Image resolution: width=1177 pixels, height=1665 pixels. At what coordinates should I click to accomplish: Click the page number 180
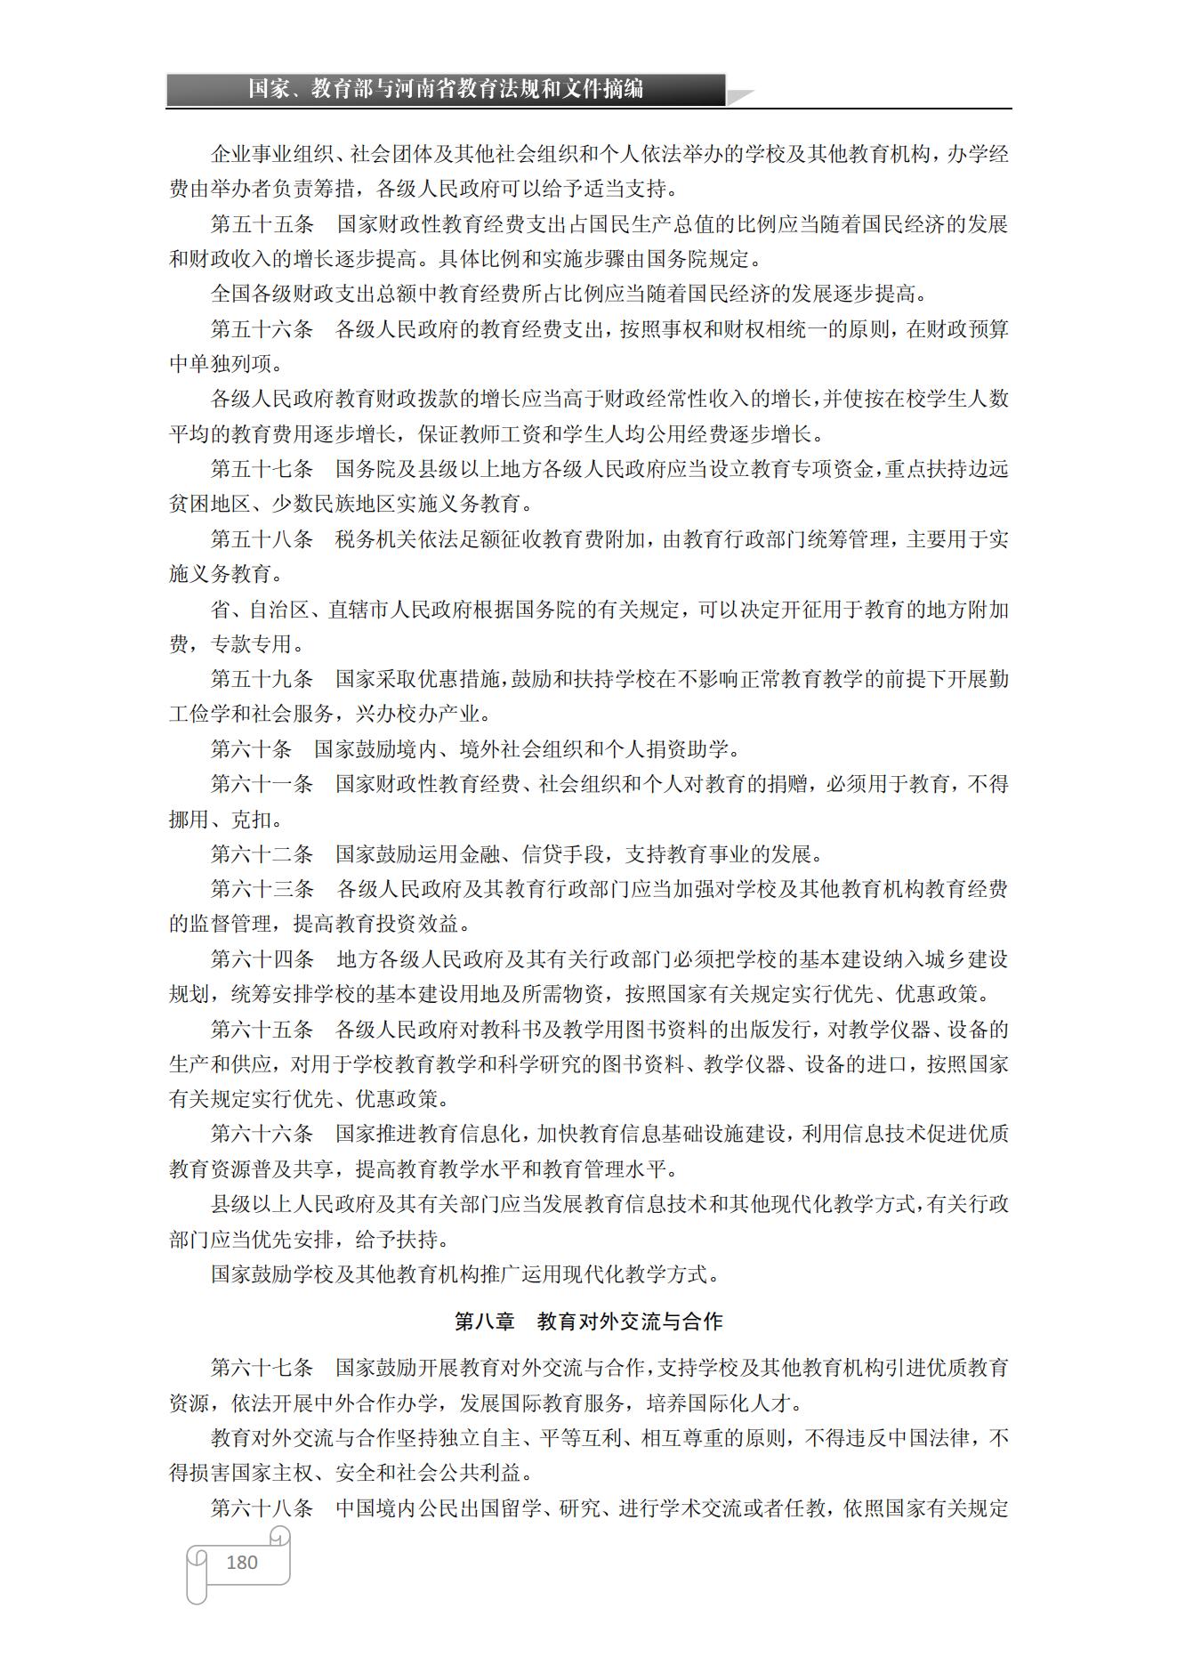click(x=242, y=1562)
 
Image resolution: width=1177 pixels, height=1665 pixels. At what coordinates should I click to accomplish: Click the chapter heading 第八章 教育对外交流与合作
click(x=588, y=1321)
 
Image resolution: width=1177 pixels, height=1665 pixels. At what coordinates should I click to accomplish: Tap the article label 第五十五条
click(x=262, y=224)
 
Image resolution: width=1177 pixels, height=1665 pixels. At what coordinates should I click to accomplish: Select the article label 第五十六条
click(x=262, y=329)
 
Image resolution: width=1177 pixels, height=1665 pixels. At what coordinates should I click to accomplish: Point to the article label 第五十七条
click(x=262, y=469)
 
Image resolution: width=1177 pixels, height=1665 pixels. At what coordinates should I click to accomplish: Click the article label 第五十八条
click(x=262, y=539)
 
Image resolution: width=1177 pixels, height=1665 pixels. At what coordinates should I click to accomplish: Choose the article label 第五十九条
click(x=262, y=679)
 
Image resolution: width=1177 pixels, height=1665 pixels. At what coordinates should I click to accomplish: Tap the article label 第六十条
click(x=252, y=749)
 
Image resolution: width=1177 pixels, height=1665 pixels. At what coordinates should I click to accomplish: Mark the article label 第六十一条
click(x=262, y=784)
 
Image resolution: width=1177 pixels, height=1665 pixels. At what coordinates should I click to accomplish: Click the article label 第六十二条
click(x=262, y=854)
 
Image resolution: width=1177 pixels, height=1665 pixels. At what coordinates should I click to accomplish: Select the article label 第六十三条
click(x=262, y=889)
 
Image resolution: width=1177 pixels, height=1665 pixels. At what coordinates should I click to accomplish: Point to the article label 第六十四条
click(x=262, y=959)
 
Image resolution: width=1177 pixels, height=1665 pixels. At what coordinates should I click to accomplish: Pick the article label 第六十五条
click(x=262, y=1030)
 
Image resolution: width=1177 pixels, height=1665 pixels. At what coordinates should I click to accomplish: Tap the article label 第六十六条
click(x=262, y=1134)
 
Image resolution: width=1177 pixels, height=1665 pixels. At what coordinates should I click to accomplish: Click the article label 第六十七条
click(x=262, y=1368)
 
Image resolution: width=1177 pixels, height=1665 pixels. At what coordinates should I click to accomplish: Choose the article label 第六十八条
click(x=262, y=1508)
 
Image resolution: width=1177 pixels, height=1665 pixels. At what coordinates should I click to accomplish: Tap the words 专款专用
click(x=252, y=644)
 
